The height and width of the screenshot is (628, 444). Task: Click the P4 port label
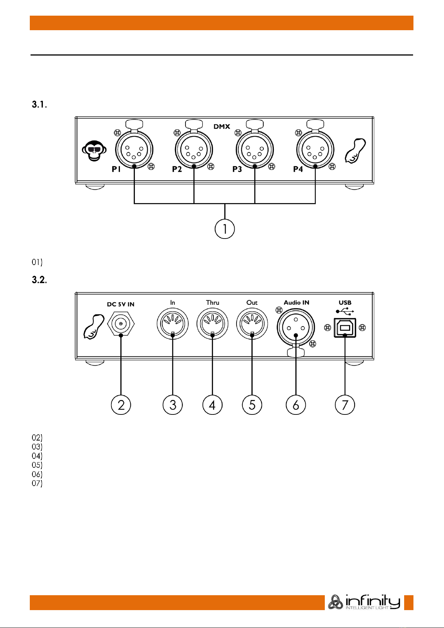point(298,169)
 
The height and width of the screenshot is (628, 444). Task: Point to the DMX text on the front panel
point(222,126)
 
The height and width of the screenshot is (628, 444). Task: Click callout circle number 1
point(225,229)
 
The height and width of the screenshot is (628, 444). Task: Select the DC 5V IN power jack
point(121,324)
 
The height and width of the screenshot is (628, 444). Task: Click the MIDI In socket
point(172,324)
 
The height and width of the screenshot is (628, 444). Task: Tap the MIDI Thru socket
point(212,324)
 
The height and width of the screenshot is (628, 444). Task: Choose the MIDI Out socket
point(252,324)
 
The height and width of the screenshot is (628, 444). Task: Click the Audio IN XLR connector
point(296,328)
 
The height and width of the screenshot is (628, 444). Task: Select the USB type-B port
point(345,328)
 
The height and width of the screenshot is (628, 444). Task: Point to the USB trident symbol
point(345,311)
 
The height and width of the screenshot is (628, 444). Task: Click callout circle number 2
point(121,405)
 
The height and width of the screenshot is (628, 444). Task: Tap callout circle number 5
point(252,405)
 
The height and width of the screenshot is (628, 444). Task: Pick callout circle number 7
point(345,405)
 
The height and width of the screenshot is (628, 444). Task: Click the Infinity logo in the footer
point(364,602)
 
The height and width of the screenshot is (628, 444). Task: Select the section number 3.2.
point(39,280)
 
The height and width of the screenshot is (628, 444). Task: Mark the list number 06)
point(37,474)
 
